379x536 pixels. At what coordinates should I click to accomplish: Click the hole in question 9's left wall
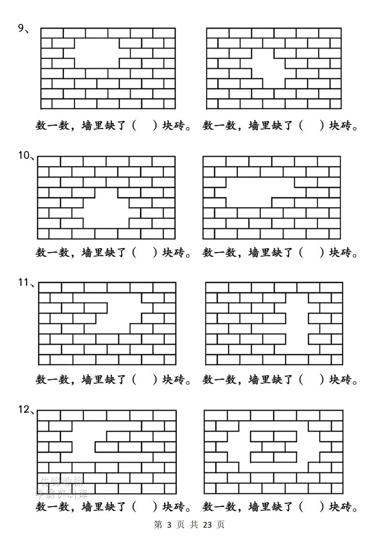(97, 53)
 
